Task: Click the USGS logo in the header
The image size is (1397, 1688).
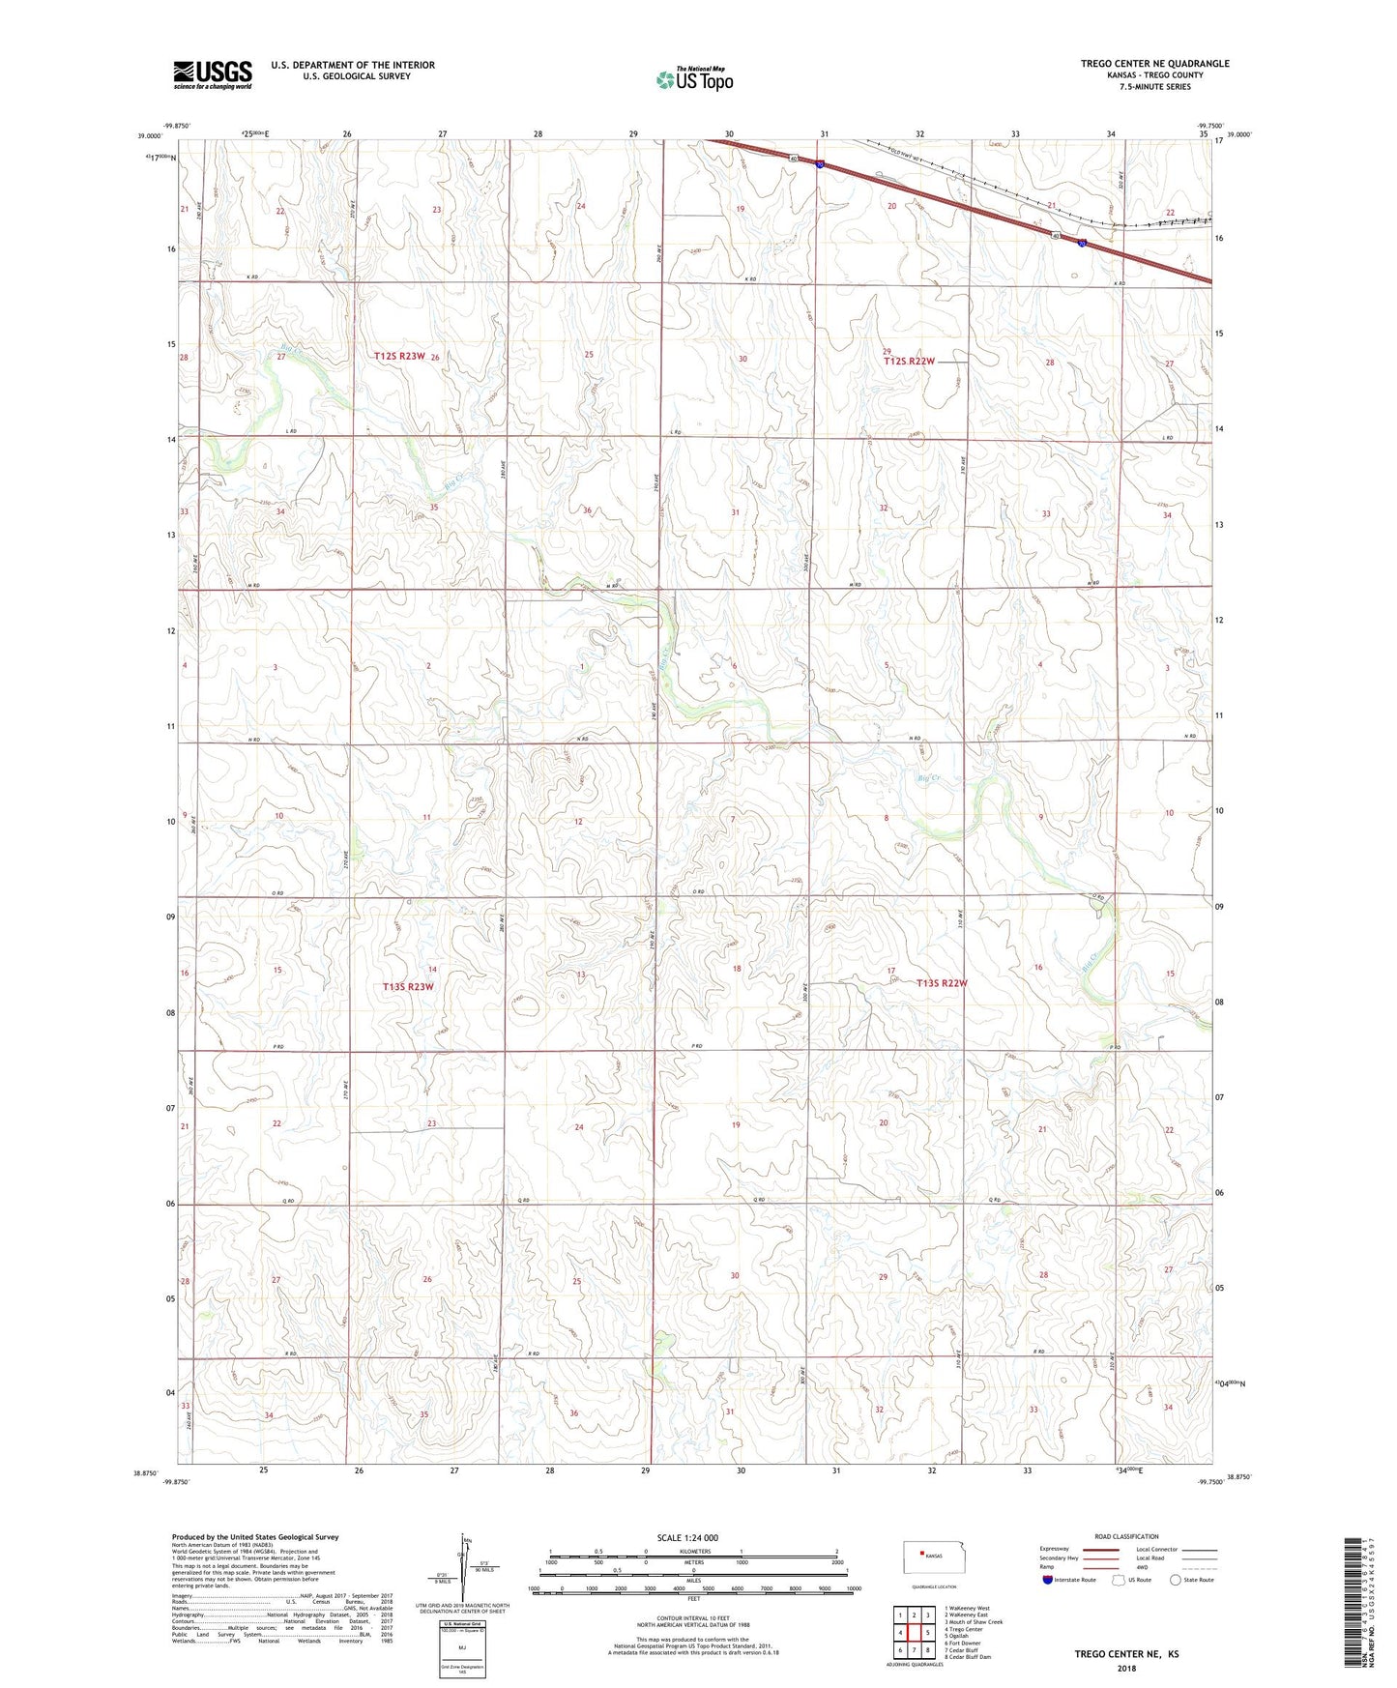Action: point(213,73)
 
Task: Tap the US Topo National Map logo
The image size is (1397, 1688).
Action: point(694,78)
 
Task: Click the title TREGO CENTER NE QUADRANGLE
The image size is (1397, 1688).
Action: point(1154,64)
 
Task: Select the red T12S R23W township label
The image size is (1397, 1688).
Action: point(399,357)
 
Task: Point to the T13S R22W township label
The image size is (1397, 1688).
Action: point(941,983)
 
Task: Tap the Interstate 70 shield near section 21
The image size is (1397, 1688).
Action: point(1083,244)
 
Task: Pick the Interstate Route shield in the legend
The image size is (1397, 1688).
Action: point(1049,1580)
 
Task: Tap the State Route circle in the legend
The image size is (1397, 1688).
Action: point(1176,1580)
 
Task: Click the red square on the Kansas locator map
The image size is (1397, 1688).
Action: point(921,1555)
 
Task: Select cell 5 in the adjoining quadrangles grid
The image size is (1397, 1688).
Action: point(927,1633)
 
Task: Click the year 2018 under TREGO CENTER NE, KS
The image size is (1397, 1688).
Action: point(1126,1668)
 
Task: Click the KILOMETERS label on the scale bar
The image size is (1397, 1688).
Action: point(692,1551)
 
